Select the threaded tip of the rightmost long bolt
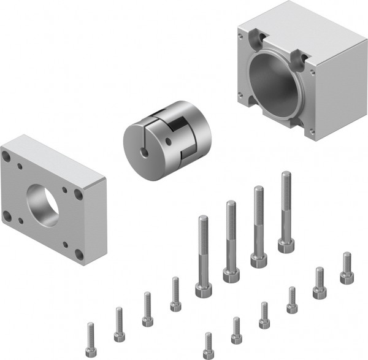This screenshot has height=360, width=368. pyautogui.click(x=285, y=178)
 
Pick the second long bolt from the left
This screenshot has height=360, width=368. pyautogui.click(x=231, y=239)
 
